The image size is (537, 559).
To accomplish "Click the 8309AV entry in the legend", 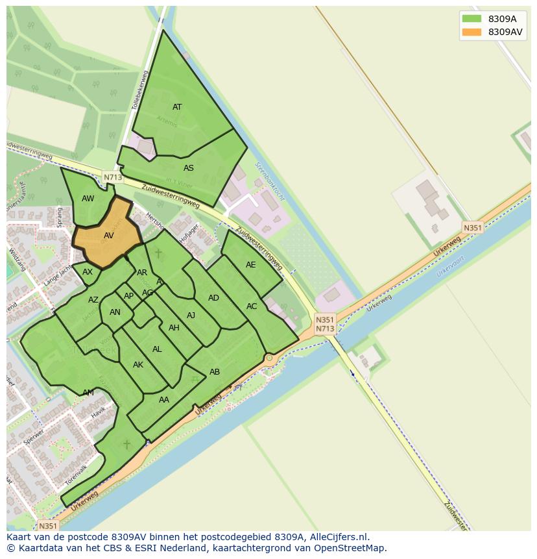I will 505,32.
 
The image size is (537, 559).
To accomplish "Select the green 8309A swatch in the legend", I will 471,19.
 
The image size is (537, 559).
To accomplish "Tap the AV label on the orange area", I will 109,236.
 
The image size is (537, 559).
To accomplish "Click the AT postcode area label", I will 177,107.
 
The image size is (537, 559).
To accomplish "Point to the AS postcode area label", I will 188,168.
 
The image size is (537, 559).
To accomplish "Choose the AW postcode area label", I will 88,199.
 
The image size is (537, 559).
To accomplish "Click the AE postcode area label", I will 251,265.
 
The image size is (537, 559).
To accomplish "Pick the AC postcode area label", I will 252,306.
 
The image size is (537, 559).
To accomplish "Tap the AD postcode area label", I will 213,298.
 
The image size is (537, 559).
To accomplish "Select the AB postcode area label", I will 215,372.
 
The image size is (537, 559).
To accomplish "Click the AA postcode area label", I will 164,400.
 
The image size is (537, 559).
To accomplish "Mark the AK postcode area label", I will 138,365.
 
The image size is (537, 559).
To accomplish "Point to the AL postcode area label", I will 157,349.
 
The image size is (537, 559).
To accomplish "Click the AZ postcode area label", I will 93,300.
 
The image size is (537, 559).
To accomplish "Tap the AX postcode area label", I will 88,272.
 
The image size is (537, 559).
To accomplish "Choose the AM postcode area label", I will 88,393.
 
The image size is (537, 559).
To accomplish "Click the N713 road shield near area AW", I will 112,177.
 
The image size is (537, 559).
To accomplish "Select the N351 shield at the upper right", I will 472,227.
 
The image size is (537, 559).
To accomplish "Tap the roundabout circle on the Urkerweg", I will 269,358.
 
